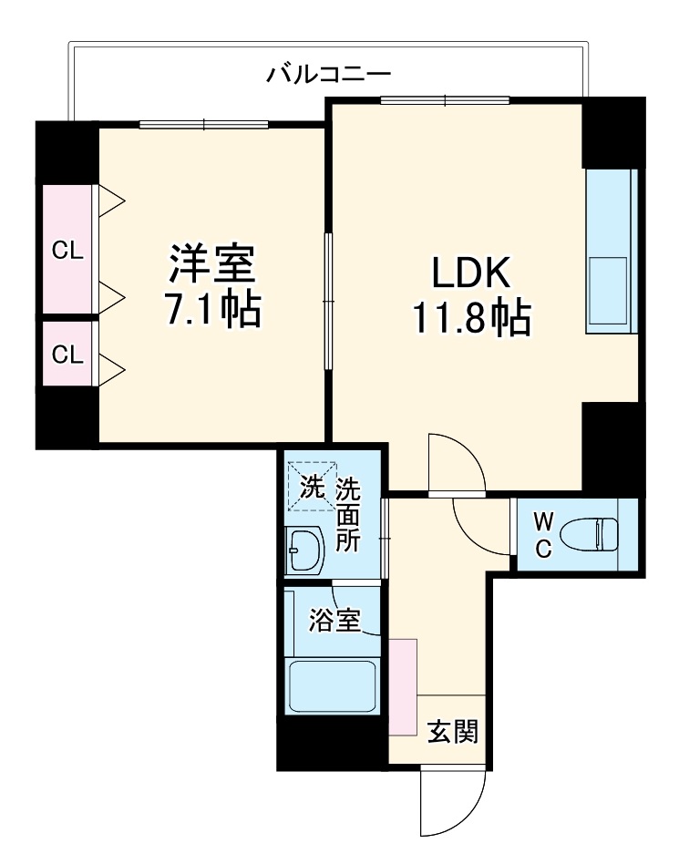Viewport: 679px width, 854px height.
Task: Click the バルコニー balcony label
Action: coord(328,73)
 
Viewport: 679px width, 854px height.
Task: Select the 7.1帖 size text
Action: coord(211,310)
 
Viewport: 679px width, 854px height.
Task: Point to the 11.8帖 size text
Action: coord(471,318)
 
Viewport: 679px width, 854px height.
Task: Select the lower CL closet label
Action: coord(67,355)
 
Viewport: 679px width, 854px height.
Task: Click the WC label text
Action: coord(543,535)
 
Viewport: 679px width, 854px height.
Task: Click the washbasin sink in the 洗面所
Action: coord(305,550)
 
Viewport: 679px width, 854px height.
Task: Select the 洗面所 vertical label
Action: coord(347,514)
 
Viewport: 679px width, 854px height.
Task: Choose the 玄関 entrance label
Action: coord(453,731)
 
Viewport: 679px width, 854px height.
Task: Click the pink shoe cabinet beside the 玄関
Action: coord(403,685)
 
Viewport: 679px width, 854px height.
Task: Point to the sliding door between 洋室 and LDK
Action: coord(328,300)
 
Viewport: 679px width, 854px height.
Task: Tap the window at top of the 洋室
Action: coord(204,124)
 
